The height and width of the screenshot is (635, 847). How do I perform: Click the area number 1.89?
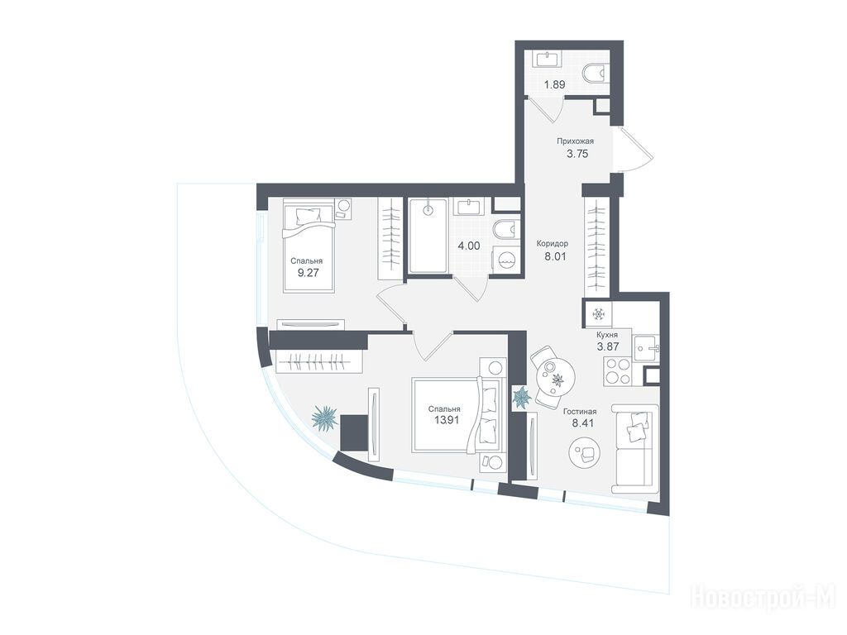click(554, 85)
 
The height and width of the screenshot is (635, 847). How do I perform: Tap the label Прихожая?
click(576, 141)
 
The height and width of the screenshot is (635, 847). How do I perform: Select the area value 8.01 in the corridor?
click(555, 257)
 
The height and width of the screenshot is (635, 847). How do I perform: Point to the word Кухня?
click(607, 335)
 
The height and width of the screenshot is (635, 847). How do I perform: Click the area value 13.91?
click(447, 420)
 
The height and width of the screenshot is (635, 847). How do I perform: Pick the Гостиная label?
click(580, 412)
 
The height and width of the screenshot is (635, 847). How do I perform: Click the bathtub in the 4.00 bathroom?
click(428, 236)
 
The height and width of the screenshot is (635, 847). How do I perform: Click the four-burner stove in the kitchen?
click(617, 371)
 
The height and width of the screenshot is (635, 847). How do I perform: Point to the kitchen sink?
click(645, 346)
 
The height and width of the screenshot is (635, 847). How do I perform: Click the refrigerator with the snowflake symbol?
click(597, 313)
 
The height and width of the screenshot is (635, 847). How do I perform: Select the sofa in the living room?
click(634, 448)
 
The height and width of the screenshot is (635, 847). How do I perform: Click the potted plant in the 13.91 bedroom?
click(324, 418)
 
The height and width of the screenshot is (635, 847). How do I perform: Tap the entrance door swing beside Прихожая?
click(635, 150)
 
